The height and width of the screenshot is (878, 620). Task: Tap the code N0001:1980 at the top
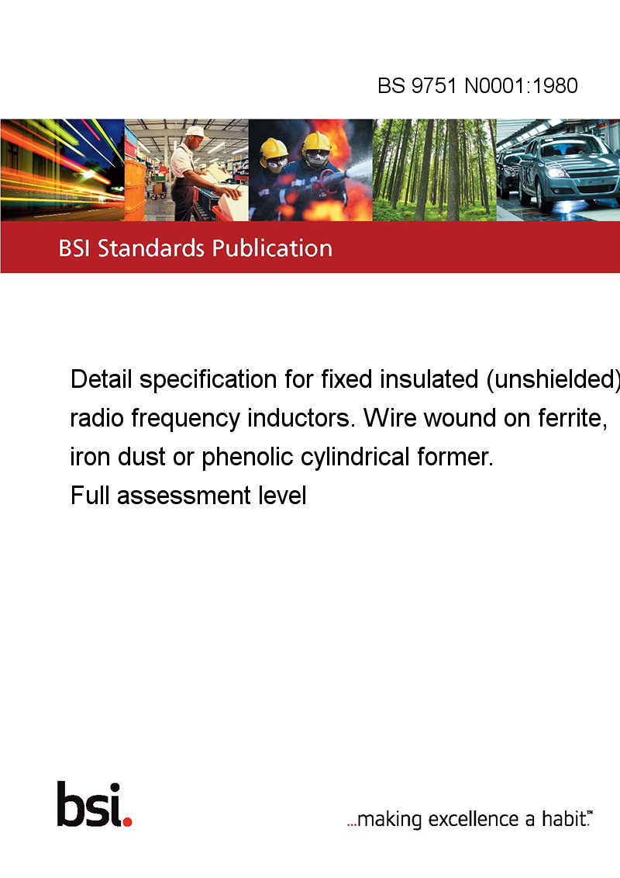pos(521,85)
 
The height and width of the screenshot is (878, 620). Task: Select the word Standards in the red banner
pos(151,248)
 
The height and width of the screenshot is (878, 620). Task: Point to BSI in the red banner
pos(74,248)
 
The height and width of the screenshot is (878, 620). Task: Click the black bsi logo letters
pos(89,804)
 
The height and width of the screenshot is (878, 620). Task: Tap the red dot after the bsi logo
pos(127,821)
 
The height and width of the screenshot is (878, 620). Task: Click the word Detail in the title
pos(102,379)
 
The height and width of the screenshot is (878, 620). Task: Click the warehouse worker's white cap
pos(196,132)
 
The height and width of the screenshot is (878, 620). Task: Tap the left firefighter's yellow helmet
pos(274,149)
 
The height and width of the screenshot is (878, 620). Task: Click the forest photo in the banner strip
pos(434,170)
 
